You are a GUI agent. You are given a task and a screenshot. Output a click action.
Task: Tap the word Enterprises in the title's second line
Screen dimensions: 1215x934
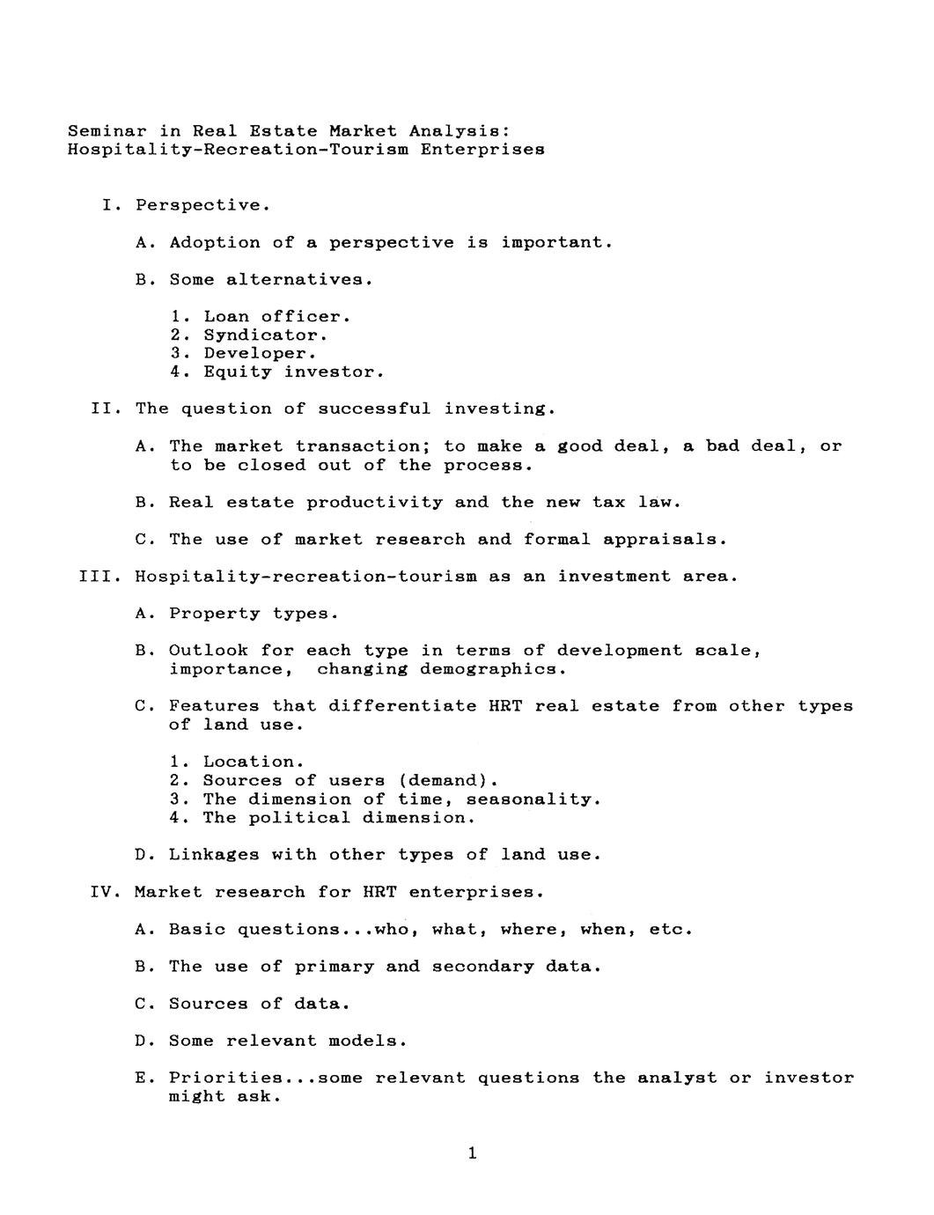pos(482,149)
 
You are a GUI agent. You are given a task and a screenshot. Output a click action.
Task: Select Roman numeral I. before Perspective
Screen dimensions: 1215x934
pos(112,205)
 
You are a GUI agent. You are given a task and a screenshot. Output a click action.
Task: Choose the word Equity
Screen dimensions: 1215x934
pos(238,372)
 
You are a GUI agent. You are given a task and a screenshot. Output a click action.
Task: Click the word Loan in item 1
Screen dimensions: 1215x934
pos(226,316)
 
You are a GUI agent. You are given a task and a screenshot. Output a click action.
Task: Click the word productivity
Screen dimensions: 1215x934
pos(375,502)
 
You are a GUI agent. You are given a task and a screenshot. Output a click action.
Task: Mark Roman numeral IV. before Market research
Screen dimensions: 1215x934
pos(106,892)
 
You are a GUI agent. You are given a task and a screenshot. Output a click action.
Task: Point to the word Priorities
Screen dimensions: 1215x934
pos(227,1078)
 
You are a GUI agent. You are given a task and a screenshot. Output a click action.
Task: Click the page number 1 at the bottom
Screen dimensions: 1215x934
pos(473,1152)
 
